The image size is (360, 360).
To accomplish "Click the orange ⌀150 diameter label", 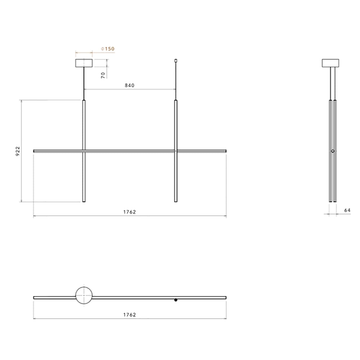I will click(x=108, y=49).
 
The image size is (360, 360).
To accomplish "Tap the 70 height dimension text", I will click(x=103, y=75).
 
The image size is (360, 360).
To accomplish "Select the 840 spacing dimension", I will click(x=130, y=85).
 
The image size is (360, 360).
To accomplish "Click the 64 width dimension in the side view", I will click(x=347, y=210).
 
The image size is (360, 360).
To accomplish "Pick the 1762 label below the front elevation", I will click(x=130, y=212).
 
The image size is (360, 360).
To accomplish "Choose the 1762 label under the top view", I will click(x=130, y=314).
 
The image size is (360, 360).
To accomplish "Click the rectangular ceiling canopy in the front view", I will click(x=84, y=63).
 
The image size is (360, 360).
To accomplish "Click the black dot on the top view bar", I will click(x=176, y=300).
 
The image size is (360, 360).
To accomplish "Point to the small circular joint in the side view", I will click(x=333, y=151).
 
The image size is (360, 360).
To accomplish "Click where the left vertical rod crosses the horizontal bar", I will click(x=84, y=151).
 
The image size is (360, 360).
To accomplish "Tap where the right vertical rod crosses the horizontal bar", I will click(x=176, y=151).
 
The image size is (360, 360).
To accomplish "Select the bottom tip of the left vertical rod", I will click(x=84, y=201).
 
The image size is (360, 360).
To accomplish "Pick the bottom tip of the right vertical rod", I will click(x=176, y=201).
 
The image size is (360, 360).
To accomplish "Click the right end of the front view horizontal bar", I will click(x=225, y=151).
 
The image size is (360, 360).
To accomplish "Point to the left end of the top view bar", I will click(x=34, y=298).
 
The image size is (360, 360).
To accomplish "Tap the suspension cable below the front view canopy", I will click(x=84, y=83).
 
